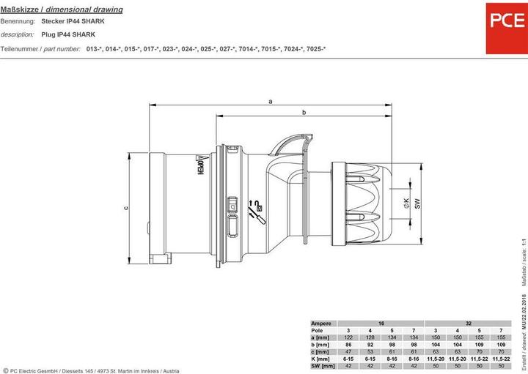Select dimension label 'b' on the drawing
click(x=304, y=112)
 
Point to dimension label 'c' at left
click(x=125, y=207)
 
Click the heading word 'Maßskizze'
click(x=17, y=10)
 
